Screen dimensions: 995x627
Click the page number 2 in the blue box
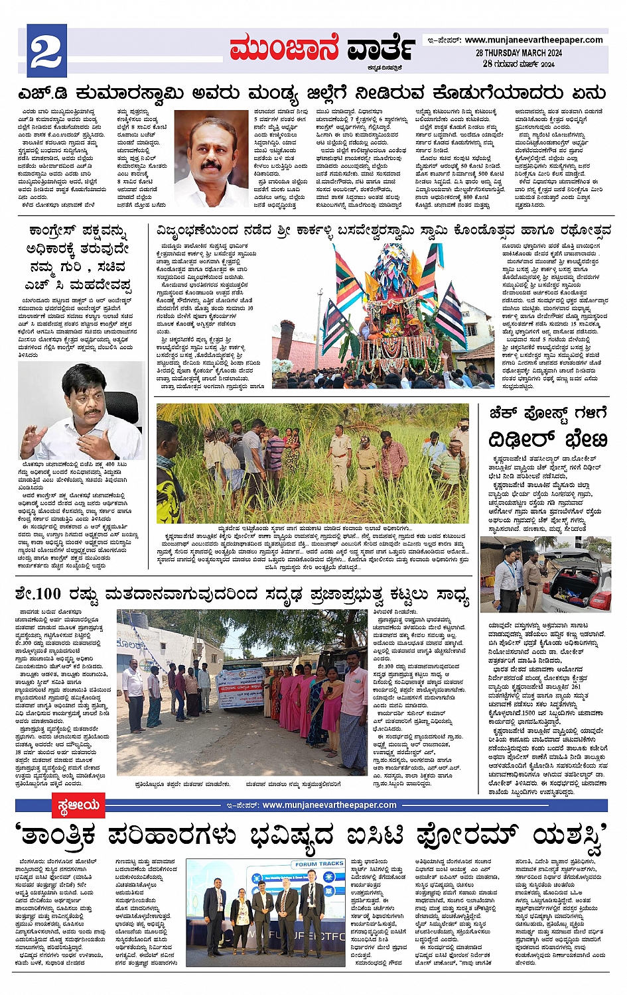pyautogui.click(x=46, y=52)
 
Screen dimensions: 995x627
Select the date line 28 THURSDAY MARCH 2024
pyautogui.click(x=518, y=53)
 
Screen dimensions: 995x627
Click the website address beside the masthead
pyautogui.click(x=533, y=40)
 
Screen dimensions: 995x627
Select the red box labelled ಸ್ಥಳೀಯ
pyautogui.click(x=78, y=805)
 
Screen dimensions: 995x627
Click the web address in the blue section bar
pyautogui.click(x=329, y=805)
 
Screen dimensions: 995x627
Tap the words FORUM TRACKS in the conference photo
pyautogui.click(x=319, y=864)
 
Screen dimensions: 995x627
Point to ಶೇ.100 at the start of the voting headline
pyautogui.click(x=38, y=594)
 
